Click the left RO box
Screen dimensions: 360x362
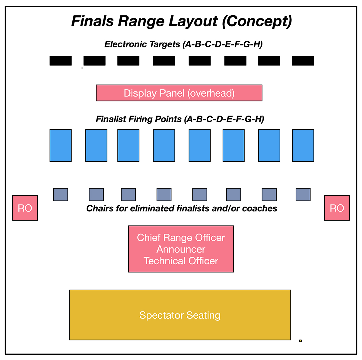point(25,208)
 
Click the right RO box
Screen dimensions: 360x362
point(337,208)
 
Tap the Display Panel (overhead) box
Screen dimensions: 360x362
point(179,93)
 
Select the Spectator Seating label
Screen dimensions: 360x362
point(180,315)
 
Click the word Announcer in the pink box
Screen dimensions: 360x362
point(181,249)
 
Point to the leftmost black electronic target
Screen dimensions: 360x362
point(61,61)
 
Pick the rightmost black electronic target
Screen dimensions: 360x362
point(303,61)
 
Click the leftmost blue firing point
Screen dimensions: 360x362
point(61,145)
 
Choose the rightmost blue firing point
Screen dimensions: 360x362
point(303,145)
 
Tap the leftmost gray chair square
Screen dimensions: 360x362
point(61,195)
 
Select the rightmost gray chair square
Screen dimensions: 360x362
point(303,195)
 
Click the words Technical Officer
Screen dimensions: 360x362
point(181,261)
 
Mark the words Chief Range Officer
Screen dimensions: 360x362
point(181,238)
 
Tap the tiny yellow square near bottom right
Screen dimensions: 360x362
point(300,341)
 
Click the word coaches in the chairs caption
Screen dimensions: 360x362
point(259,209)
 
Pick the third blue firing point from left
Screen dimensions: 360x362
point(128,145)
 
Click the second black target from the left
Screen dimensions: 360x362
point(94,61)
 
